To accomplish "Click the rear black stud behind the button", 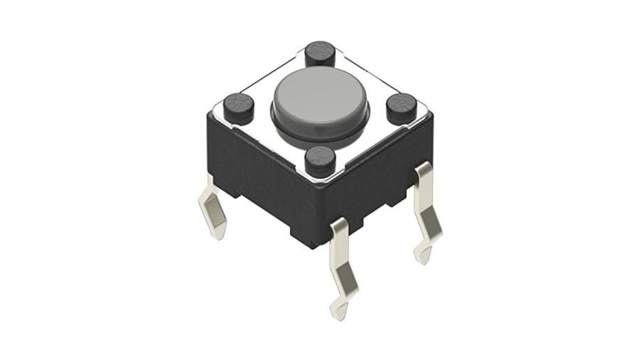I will [320, 53].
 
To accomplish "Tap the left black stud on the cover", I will [238, 107].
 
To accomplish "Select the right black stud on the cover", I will [401, 107].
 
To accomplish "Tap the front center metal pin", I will [341, 263].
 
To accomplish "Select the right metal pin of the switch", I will [426, 210].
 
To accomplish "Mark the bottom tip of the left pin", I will [220, 234].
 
